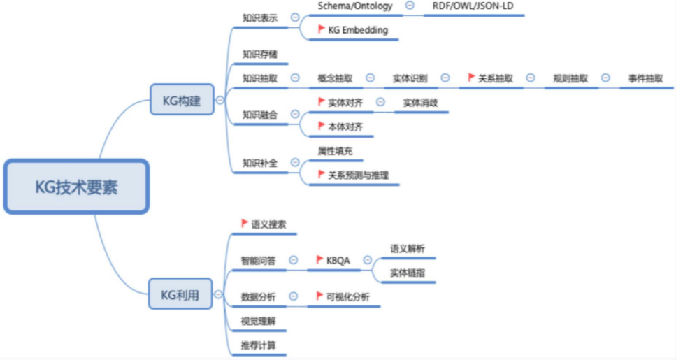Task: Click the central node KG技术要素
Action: (77, 187)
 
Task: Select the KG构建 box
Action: (181, 100)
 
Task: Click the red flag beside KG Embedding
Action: (322, 29)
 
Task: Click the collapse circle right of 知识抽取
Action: (295, 78)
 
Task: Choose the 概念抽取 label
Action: (335, 78)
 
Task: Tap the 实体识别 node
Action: (410, 78)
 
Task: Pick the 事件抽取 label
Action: (645, 78)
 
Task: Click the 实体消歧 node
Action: (420, 102)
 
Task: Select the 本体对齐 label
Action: (345, 127)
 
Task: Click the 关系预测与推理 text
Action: (358, 175)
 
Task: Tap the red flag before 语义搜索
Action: (245, 224)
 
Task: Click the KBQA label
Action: (338, 260)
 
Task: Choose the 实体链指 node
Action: (408, 273)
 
